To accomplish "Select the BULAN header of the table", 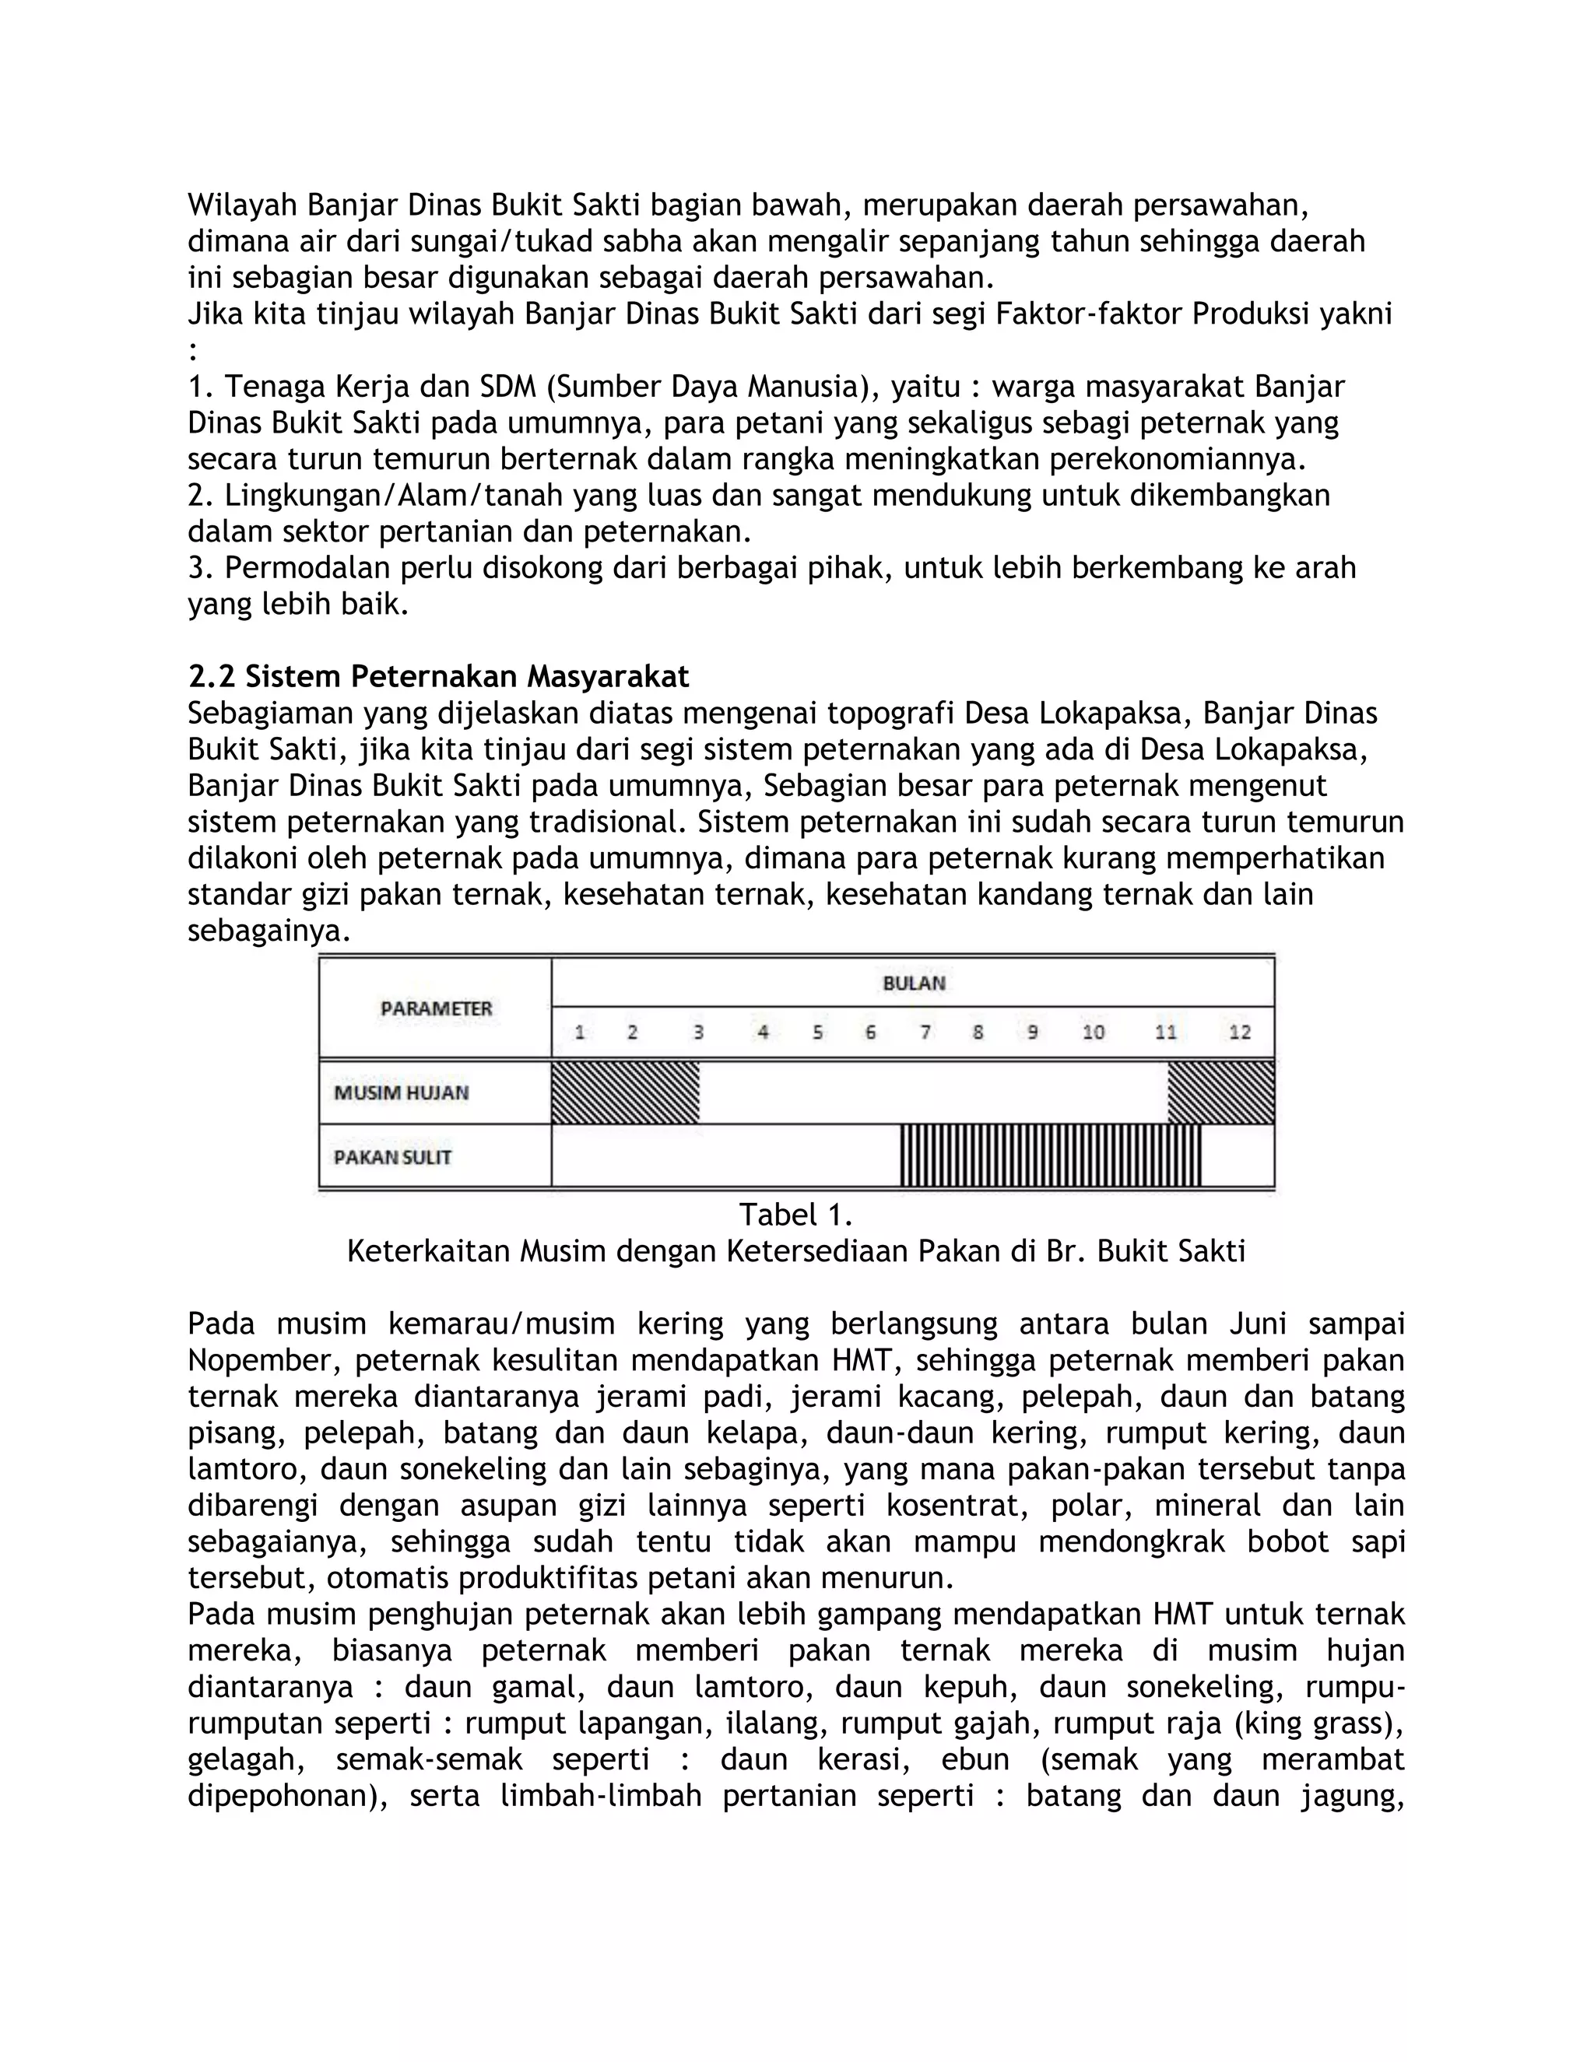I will [x=913, y=983].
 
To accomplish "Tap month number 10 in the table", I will [x=1093, y=1032].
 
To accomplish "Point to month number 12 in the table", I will [x=1239, y=1032].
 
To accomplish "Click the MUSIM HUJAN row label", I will [x=402, y=1092].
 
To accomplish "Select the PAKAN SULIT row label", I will [x=393, y=1156].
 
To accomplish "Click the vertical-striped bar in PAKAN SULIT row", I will [x=1050, y=1155].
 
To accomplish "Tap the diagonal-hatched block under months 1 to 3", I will [x=625, y=1092].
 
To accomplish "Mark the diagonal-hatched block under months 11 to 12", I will [x=1221, y=1092].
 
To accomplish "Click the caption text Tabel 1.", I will [x=795, y=1214].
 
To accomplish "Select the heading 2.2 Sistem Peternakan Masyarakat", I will [x=438, y=676].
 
